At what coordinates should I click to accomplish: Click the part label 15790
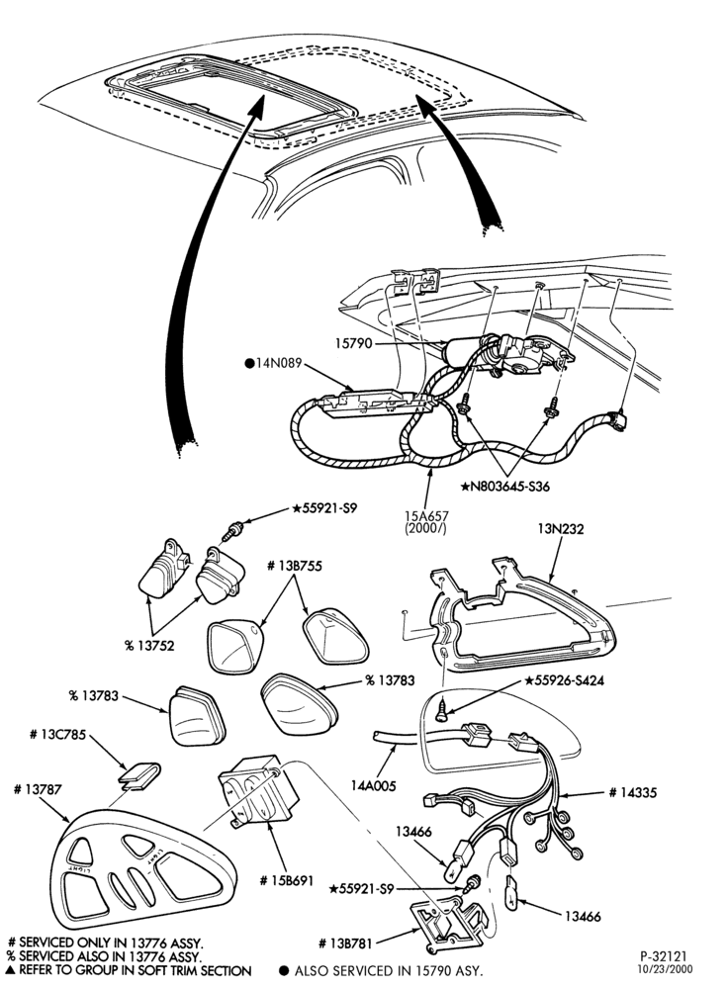(354, 344)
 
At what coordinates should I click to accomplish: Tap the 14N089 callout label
(273, 363)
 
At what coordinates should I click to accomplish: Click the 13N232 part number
(561, 529)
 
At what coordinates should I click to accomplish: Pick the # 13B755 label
(295, 567)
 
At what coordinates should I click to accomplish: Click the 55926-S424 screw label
(564, 680)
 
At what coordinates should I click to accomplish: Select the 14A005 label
(374, 786)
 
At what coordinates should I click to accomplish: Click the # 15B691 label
(287, 880)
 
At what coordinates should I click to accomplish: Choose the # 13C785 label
(57, 735)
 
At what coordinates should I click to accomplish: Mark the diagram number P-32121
(663, 956)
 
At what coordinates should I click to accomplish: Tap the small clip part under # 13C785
(139, 774)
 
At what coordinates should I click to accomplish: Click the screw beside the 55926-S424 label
(443, 709)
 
